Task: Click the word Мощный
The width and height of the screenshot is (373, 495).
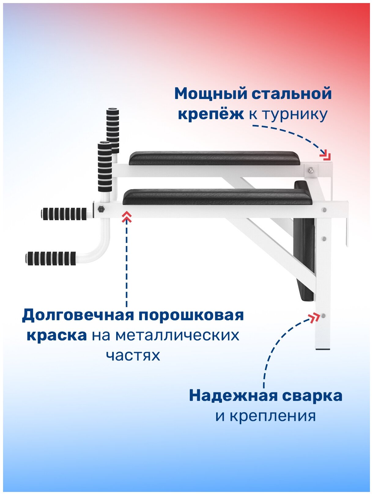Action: (x=210, y=94)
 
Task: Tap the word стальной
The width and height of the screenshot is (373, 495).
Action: (x=292, y=94)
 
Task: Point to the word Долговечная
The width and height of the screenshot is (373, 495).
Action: (x=78, y=315)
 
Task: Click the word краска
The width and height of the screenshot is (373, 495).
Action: (x=57, y=335)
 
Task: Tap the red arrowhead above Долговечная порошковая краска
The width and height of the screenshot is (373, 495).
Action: (x=127, y=218)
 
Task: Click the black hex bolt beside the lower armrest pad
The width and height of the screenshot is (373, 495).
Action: (x=101, y=209)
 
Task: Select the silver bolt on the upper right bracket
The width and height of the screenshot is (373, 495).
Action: (x=311, y=170)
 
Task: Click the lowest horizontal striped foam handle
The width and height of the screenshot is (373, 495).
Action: (x=51, y=258)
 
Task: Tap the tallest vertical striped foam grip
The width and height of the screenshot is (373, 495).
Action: (x=113, y=130)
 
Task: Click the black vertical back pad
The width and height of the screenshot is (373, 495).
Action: (x=304, y=244)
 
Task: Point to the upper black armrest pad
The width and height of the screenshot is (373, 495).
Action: (x=214, y=158)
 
